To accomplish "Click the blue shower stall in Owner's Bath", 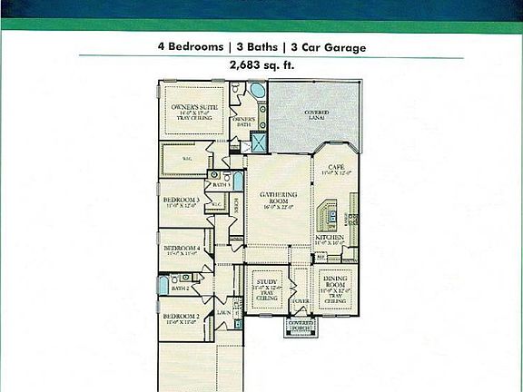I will [258, 142].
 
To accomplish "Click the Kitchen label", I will [330, 238].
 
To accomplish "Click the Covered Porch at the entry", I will [301, 325].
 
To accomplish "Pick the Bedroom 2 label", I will [181, 318].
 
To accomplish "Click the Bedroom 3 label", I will [182, 201].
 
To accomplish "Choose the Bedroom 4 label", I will [182, 250].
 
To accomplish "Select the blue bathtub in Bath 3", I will [237, 181].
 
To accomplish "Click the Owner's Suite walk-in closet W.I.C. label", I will [186, 159].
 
